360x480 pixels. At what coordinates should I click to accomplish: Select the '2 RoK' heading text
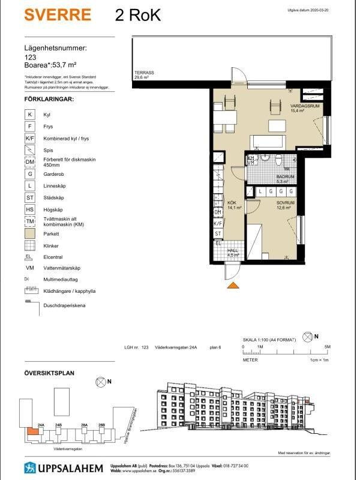(x=137, y=16)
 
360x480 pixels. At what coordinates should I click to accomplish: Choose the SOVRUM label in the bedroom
(x=286, y=204)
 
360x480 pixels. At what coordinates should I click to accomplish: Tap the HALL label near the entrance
(x=233, y=251)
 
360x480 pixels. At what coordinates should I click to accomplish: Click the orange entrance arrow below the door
(x=233, y=286)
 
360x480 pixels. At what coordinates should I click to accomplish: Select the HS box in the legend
(x=30, y=209)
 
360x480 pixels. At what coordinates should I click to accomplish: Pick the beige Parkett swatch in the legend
(x=30, y=235)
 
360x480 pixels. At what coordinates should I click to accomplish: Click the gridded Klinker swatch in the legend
(x=30, y=246)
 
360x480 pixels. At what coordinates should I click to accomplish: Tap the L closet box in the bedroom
(x=262, y=191)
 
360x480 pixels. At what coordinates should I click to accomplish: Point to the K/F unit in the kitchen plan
(x=218, y=223)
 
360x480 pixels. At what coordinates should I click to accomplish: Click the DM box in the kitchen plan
(x=218, y=212)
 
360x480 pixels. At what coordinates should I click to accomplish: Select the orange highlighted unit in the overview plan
(x=30, y=430)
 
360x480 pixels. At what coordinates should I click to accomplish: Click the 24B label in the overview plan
(x=58, y=425)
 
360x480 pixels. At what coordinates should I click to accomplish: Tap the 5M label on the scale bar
(x=328, y=347)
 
